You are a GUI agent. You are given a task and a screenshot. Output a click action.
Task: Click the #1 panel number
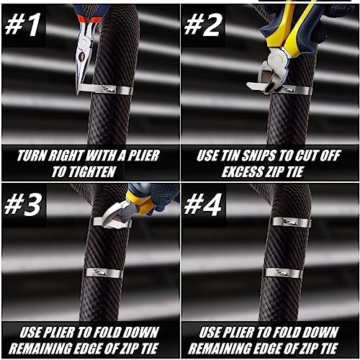click(x=22, y=25)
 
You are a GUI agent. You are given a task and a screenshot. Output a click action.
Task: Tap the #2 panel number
click(x=202, y=25)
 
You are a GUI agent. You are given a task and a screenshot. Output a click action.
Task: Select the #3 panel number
click(x=23, y=204)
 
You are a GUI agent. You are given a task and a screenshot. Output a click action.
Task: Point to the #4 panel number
click(x=203, y=204)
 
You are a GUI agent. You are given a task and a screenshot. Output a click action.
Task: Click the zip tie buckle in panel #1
click(x=108, y=89)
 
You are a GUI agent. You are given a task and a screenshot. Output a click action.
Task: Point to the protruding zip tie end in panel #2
click(x=255, y=86)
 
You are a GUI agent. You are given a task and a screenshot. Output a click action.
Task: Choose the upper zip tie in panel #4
click(x=291, y=222)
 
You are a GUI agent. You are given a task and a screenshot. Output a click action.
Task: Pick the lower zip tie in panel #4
click(x=282, y=273)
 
